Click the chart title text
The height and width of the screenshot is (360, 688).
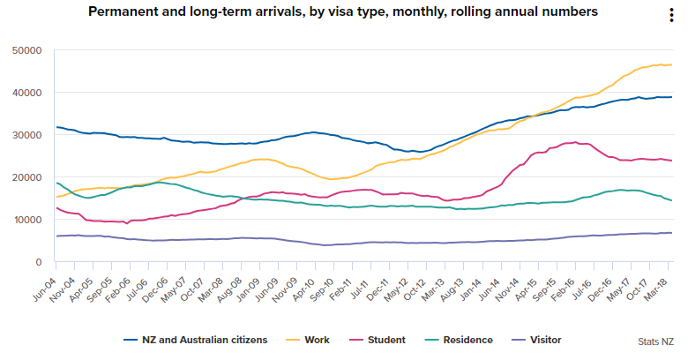point(342,11)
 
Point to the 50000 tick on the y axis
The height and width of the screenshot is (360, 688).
point(28,50)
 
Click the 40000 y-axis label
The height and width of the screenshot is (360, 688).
point(28,93)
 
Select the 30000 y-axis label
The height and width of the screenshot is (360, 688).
point(28,135)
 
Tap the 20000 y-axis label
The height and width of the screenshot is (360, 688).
point(28,177)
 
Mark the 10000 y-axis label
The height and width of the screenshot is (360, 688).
point(28,220)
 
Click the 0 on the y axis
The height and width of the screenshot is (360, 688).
point(40,262)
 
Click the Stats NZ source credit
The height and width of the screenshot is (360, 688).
point(656,341)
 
